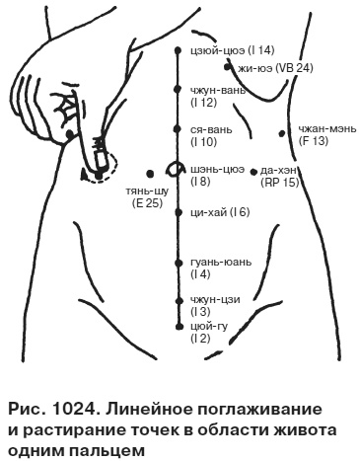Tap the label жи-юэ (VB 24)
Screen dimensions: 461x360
(274, 68)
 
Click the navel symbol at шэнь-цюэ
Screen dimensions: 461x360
(179, 168)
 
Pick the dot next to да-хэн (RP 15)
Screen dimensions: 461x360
(253, 170)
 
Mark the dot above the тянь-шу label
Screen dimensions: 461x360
(147, 170)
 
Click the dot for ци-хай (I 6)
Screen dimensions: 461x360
(179, 212)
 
